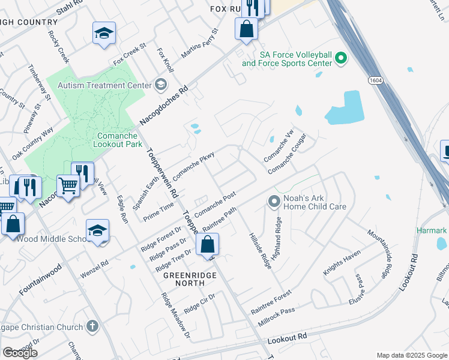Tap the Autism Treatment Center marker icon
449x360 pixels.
tap(160, 85)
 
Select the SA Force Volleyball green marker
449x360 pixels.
tap(342, 59)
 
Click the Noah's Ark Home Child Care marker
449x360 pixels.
tap(274, 201)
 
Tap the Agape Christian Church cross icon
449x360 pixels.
tap(91, 326)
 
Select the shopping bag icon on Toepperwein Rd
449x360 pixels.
tap(207, 245)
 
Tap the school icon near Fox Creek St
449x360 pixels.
tap(104, 33)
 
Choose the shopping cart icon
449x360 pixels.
tap(68, 186)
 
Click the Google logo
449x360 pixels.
tap(20, 352)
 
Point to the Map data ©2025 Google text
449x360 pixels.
tap(411, 355)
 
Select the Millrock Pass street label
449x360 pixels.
tap(273, 311)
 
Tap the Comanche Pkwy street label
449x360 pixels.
tap(194, 168)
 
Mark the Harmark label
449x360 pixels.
tap(432, 230)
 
